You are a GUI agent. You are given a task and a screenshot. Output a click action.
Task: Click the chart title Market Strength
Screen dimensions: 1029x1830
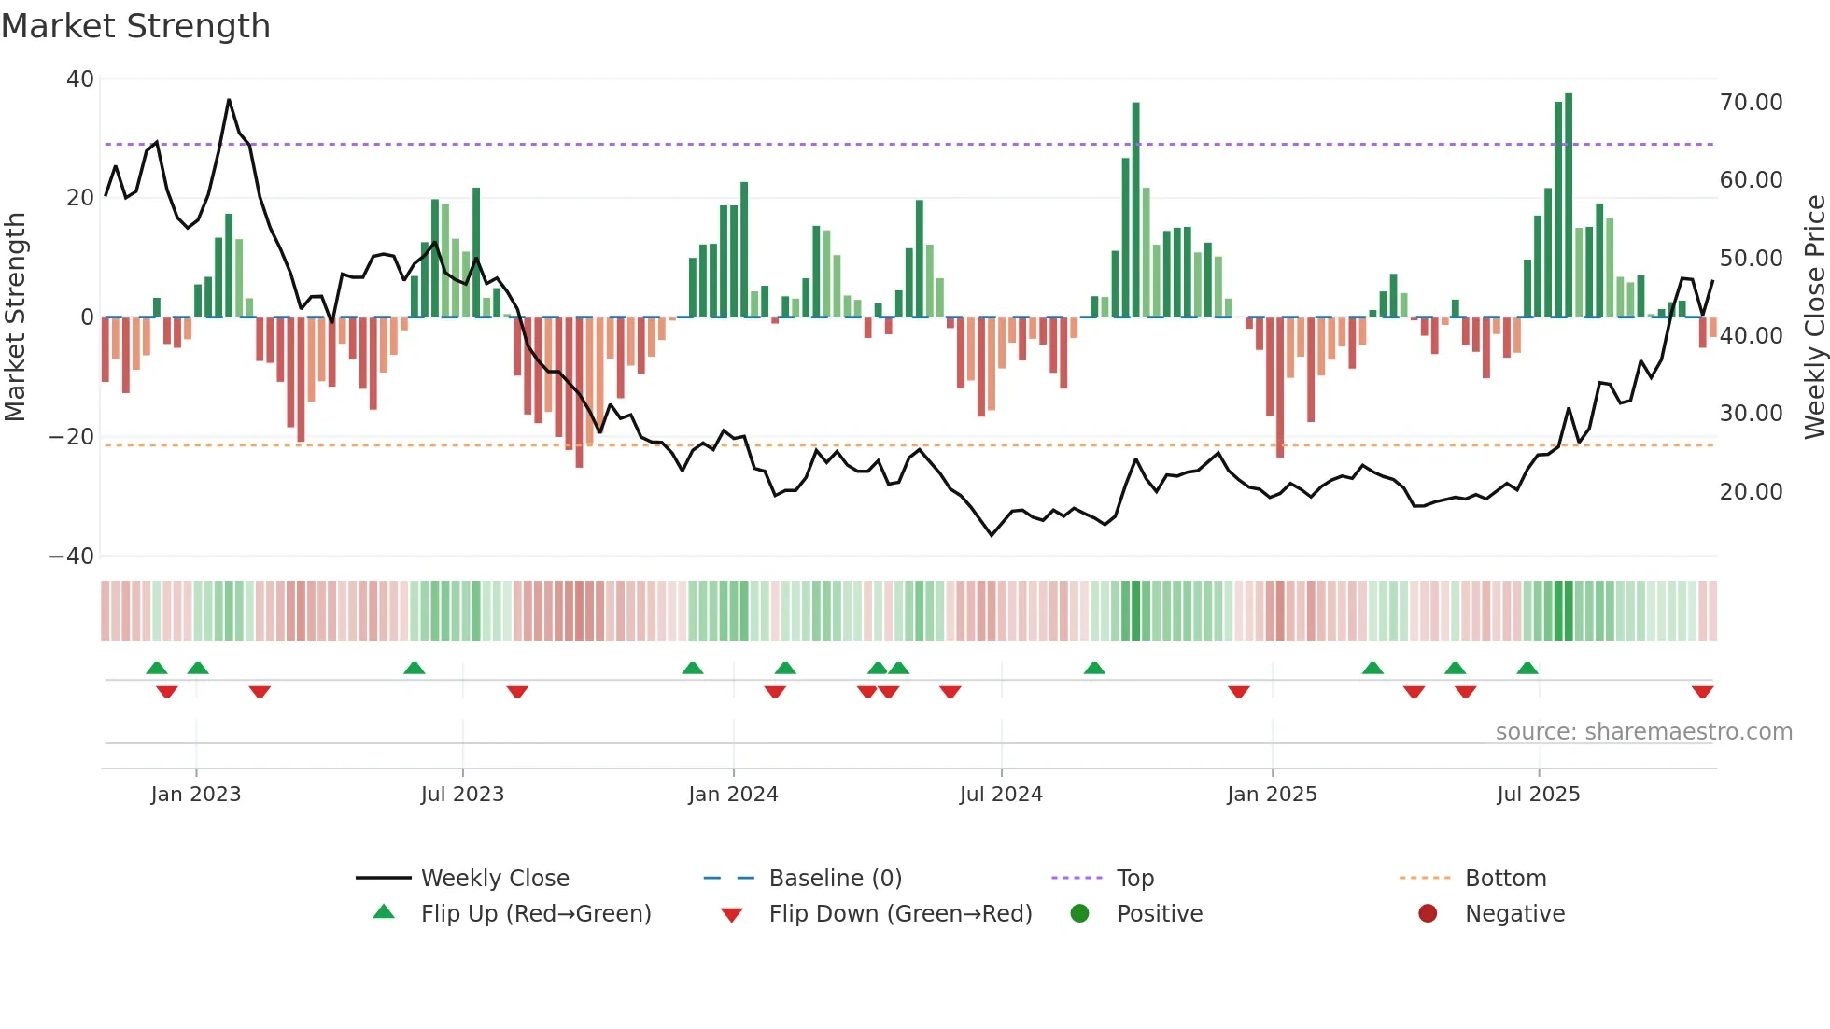[135, 26]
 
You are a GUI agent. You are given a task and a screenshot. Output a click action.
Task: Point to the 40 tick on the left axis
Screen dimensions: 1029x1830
[80, 79]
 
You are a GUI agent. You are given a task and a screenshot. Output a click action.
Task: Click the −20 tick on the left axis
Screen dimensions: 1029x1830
[72, 436]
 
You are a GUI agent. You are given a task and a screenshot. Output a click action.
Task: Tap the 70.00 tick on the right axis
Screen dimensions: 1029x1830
[1751, 103]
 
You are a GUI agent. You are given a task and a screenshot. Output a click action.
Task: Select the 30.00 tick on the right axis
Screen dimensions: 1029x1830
[1751, 414]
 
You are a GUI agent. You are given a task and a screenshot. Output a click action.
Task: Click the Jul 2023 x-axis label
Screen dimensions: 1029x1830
[462, 795]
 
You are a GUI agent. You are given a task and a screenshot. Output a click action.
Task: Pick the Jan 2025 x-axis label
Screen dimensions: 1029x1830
[1272, 795]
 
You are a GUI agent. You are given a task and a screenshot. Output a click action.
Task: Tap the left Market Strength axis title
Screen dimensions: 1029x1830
[16, 317]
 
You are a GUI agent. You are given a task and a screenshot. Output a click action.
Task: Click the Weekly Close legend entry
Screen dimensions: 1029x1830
[495, 879]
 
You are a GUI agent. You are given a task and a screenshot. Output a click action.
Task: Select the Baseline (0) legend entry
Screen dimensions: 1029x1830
[835, 879]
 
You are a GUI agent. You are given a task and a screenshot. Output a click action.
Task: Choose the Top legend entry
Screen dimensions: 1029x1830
[1135, 879]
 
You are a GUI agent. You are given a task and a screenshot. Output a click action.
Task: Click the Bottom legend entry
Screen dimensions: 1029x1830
[1505, 879]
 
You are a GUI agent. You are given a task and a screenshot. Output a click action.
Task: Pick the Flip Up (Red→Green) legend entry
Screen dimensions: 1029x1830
[536, 914]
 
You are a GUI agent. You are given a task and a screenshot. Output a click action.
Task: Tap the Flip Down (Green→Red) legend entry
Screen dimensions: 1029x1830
[900, 914]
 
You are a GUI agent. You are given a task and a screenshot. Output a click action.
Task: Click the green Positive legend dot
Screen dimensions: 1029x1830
[1080, 914]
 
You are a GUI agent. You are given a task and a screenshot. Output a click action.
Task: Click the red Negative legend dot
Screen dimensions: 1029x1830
[1428, 914]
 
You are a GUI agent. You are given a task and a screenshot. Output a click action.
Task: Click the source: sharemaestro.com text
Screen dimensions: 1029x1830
[1643, 732]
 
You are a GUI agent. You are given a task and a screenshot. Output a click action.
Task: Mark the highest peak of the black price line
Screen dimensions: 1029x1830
[229, 100]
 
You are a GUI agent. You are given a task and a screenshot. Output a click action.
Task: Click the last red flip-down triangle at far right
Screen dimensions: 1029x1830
[1702, 692]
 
